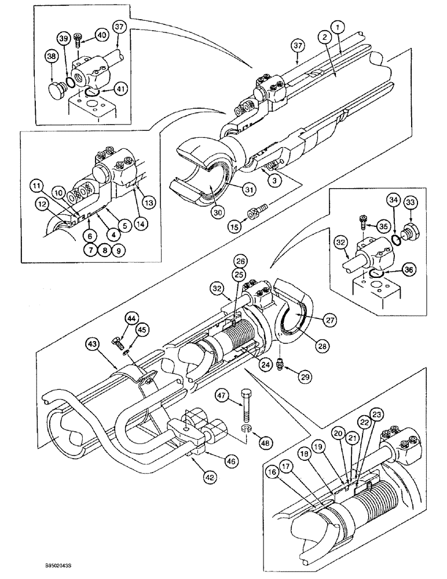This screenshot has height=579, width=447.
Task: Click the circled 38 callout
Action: (x=52, y=57)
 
